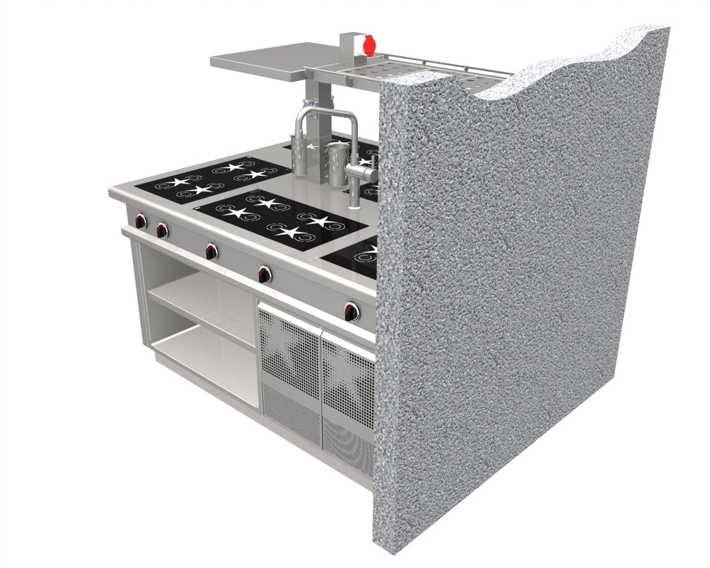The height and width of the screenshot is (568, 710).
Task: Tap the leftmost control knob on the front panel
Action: [141, 222]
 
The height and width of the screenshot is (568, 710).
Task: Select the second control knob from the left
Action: [162, 229]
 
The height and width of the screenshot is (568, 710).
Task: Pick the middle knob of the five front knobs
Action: [211, 251]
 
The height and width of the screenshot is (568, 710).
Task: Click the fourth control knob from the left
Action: [265, 272]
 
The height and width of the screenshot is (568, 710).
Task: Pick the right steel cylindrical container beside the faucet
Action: [336, 164]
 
